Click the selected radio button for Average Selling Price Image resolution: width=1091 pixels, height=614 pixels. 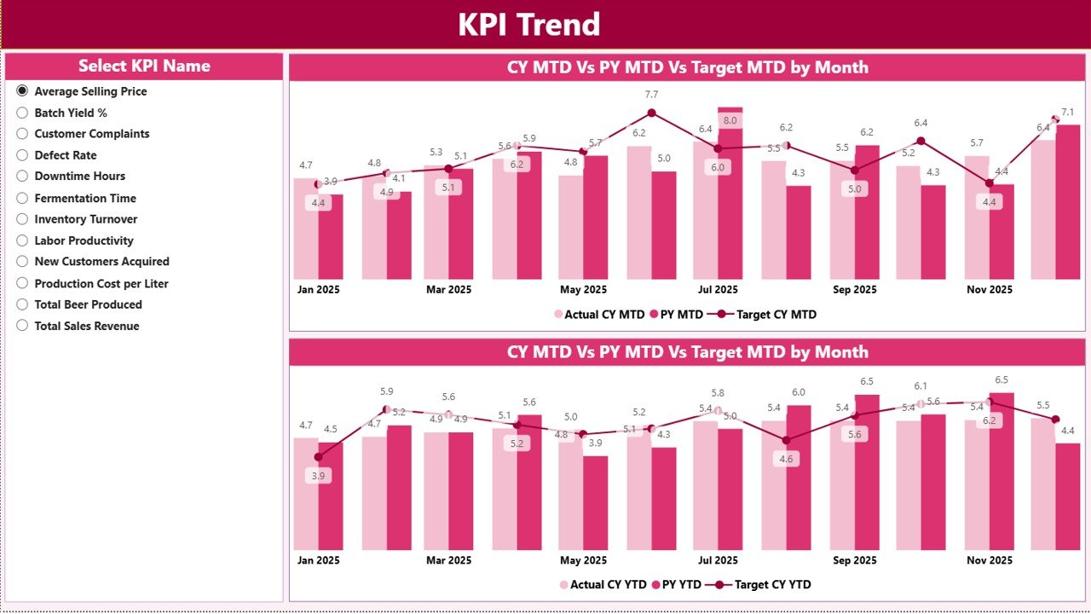tap(22, 91)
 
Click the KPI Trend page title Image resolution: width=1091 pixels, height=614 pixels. tap(528, 24)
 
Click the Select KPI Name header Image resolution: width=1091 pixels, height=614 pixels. tap(144, 66)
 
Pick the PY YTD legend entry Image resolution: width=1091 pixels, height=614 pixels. tap(676, 585)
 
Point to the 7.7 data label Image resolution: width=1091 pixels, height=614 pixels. tap(652, 94)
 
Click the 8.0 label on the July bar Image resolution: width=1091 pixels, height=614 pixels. tap(730, 120)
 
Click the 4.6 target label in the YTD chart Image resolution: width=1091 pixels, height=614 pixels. tap(786, 459)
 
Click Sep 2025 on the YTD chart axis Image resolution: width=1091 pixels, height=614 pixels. tap(854, 560)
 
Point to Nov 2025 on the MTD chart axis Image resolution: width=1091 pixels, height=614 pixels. tap(989, 290)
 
